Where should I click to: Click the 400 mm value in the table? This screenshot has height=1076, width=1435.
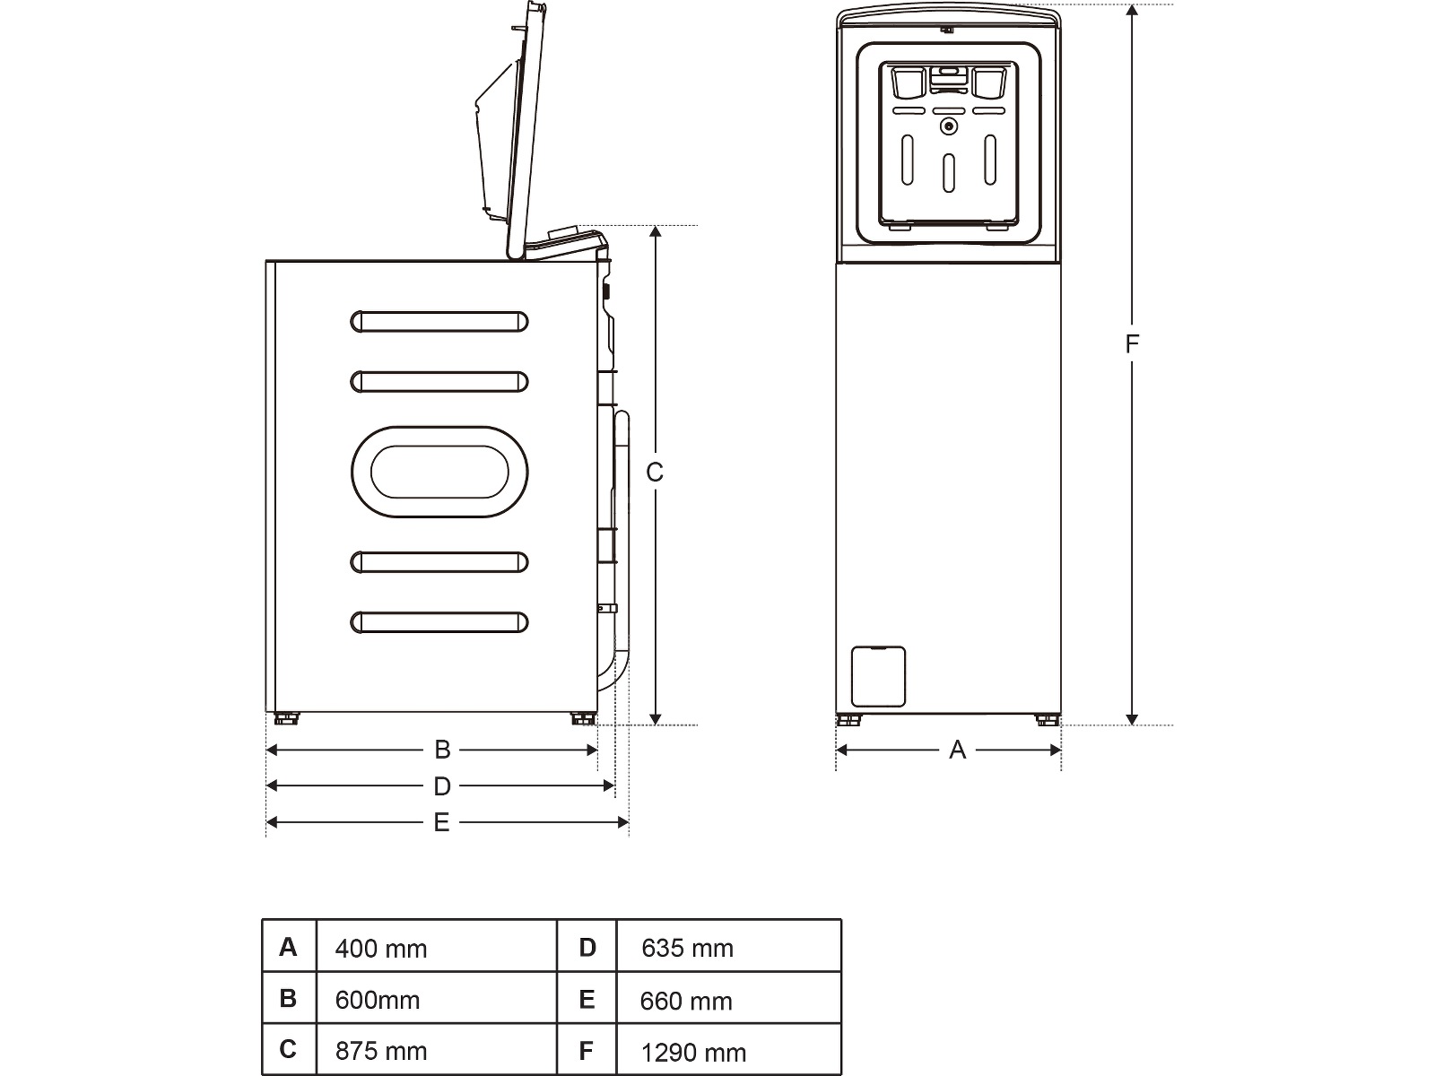pyautogui.click(x=381, y=949)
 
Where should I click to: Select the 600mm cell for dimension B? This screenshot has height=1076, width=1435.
pyautogui.click(x=378, y=1000)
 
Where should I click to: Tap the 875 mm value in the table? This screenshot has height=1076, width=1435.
pyautogui.click(x=381, y=1051)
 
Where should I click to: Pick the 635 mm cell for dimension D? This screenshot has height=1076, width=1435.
pyautogui.click(x=688, y=948)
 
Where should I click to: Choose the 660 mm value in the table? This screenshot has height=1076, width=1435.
pyautogui.click(x=686, y=1001)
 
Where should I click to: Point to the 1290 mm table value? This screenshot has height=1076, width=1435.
pyautogui.click(x=693, y=1053)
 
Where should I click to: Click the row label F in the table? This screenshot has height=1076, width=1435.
pyautogui.click(x=587, y=1051)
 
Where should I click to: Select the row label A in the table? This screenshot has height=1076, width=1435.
pyautogui.click(x=288, y=947)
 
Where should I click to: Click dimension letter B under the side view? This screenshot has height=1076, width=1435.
pyautogui.click(x=442, y=750)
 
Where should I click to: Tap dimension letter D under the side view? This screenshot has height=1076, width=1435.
pyautogui.click(x=442, y=786)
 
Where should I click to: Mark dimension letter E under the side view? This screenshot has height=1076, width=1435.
pyautogui.click(x=441, y=822)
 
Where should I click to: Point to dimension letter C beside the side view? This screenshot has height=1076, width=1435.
pyautogui.click(x=655, y=472)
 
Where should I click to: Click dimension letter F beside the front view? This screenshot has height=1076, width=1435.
pyautogui.click(x=1133, y=343)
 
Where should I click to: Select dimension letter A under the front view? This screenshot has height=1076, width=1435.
pyautogui.click(x=957, y=750)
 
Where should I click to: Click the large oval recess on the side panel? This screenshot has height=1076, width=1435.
pyautogui.click(x=439, y=472)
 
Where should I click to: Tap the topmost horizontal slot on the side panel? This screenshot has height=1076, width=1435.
pyautogui.click(x=439, y=321)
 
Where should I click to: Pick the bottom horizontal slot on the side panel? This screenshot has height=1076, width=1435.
pyautogui.click(x=439, y=622)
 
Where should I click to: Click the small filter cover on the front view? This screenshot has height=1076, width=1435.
pyautogui.click(x=877, y=676)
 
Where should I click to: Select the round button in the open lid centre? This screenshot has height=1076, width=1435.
pyautogui.click(x=948, y=127)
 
